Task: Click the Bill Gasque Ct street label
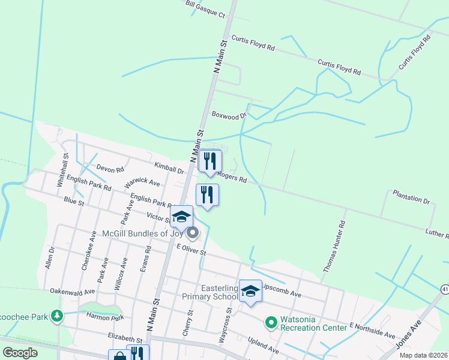click(x=205, y=9)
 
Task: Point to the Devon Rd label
click(x=110, y=170)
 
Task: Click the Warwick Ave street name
click(x=142, y=182)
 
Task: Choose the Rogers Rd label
click(x=232, y=177)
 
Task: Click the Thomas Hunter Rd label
click(x=334, y=247)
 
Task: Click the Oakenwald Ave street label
click(x=73, y=292)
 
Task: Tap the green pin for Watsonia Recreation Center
click(x=270, y=323)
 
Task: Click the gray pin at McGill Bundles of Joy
click(x=192, y=232)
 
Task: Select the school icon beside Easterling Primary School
click(x=250, y=291)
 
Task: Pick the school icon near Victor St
click(x=181, y=216)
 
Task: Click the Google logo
click(x=20, y=353)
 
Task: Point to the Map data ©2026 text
click(x=423, y=355)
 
